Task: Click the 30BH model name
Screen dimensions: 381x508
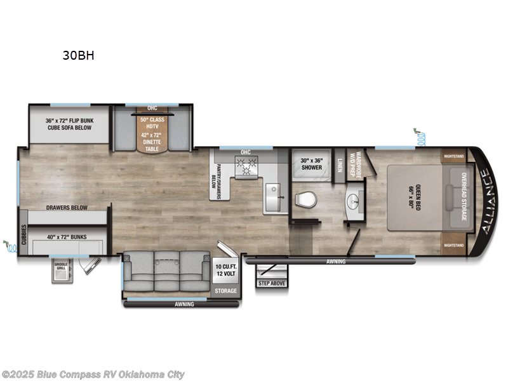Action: (x=78, y=55)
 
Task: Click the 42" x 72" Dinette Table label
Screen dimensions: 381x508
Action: (x=152, y=141)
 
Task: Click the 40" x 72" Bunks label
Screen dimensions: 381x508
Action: (x=66, y=237)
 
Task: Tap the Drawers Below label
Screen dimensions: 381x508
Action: (x=66, y=208)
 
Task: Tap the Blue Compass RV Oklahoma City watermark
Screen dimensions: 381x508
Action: (x=93, y=375)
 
